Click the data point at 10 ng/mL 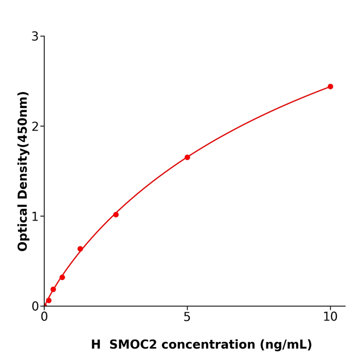coord(330,86)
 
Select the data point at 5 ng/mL coord(187,157)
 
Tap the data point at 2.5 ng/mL coord(116,214)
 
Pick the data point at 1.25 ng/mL coord(80,249)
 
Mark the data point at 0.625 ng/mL coord(62,277)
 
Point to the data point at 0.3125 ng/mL coord(53,290)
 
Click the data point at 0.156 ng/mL coord(49,300)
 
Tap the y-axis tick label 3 coord(35,37)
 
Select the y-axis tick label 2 coord(35,127)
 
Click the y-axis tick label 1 coord(35,217)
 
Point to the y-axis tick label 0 coord(35,307)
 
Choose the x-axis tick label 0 coord(44,317)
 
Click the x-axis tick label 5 coord(187,317)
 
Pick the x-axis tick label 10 coord(330,317)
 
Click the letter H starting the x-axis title coord(96,345)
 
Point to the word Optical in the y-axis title coord(23,227)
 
